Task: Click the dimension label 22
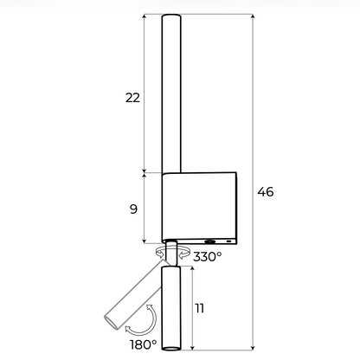(x=132, y=98)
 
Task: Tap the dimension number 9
(x=133, y=209)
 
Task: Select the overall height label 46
(x=266, y=192)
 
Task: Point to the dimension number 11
(x=200, y=308)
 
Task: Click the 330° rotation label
(x=208, y=256)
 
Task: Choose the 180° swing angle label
(x=144, y=344)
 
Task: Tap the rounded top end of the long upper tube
(x=171, y=16)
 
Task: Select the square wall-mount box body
(x=199, y=208)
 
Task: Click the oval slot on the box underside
(x=210, y=241)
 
